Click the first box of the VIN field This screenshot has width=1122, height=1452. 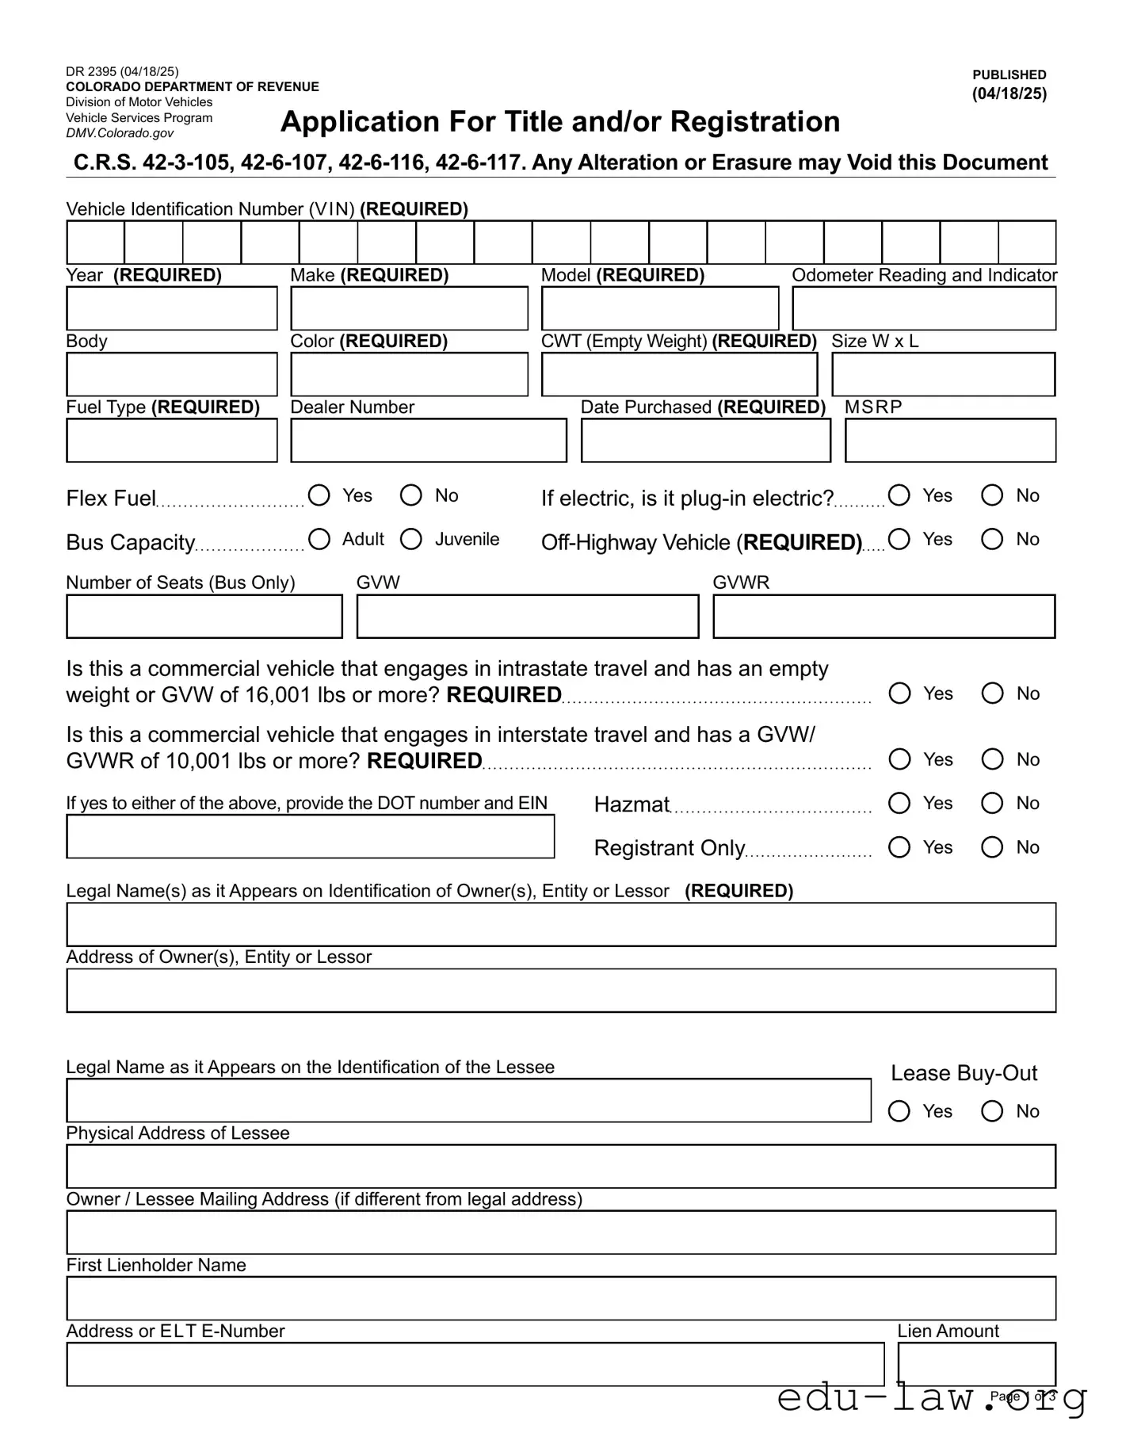pos(95,242)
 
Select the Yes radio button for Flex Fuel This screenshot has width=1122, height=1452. pos(319,495)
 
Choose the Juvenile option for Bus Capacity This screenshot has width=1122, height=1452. pos(410,539)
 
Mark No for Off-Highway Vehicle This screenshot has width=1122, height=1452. pos(992,539)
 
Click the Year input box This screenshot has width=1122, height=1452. pos(172,308)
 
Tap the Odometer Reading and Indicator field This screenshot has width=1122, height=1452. pos(924,308)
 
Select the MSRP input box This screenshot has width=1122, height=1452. pos(950,440)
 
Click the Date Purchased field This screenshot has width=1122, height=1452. pos(705,440)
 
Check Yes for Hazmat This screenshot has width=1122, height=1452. pos(899,803)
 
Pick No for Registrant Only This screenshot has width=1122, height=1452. pos(992,847)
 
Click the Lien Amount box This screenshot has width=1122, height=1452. pos(976,1363)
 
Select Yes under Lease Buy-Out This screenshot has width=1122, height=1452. pos(899,1111)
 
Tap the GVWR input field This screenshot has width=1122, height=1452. pos(883,616)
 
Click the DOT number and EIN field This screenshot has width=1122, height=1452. pos(310,836)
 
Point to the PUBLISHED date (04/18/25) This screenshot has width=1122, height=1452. pos(1009,94)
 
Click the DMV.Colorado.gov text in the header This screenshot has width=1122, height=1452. pos(120,133)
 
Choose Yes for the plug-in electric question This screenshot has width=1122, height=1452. pos(899,495)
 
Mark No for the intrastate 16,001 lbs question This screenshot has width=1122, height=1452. pos(992,694)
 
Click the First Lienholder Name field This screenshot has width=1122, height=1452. pos(561,1297)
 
